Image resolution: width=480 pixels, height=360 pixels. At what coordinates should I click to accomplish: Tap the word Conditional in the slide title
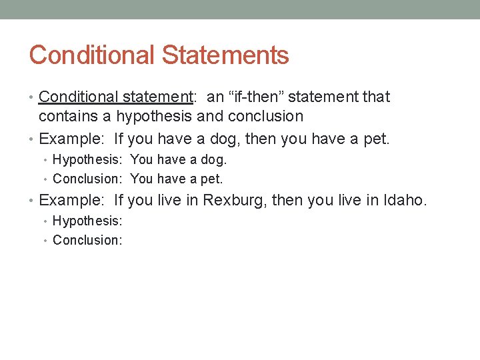[92, 55]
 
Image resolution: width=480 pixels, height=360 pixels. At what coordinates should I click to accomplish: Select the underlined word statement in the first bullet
[160, 97]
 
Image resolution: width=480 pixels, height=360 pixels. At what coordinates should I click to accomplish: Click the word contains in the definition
[65, 117]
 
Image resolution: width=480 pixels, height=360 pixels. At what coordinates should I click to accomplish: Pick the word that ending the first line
[376, 97]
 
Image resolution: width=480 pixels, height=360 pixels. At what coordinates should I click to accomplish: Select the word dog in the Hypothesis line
[214, 160]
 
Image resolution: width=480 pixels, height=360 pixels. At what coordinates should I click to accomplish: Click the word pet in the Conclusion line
[211, 179]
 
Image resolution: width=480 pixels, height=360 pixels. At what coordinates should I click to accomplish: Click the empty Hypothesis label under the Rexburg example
[87, 221]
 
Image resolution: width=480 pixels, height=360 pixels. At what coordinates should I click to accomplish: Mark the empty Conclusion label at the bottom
[87, 240]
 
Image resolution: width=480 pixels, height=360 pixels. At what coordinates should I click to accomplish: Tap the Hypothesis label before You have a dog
[87, 160]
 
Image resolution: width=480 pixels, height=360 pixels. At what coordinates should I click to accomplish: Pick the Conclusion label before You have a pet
[87, 179]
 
